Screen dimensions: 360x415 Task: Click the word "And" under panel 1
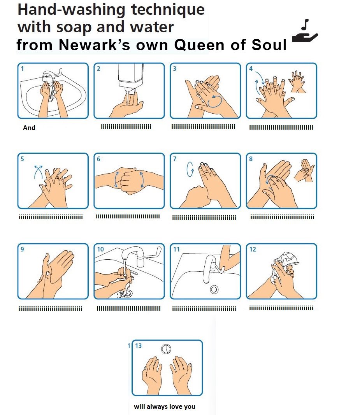[x=29, y=128]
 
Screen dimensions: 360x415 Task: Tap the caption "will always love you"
[x=165, y=406]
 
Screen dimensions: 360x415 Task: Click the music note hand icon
[x=305, y=31]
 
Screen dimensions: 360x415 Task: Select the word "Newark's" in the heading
[x=94, y=45]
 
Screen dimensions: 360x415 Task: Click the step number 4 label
[x=251, y=69]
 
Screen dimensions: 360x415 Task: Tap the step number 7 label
[x=175, y=159]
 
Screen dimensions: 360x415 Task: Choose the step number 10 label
[x=100, y=249]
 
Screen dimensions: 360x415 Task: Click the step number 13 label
[x=138, y=346]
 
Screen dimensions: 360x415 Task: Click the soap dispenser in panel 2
[x=130, y=77]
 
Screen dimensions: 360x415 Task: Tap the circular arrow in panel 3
[x=214, y=101]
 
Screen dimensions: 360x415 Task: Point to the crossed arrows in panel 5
[x=39, y=172]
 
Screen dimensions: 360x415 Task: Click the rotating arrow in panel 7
[x=190, y=169]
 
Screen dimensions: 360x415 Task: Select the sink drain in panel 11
[x=214, y=289]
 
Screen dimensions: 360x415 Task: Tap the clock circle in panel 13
[x=166, y=349]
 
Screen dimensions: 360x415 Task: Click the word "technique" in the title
[x=168, y=10]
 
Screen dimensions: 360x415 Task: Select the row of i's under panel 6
[x=128, y=216]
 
